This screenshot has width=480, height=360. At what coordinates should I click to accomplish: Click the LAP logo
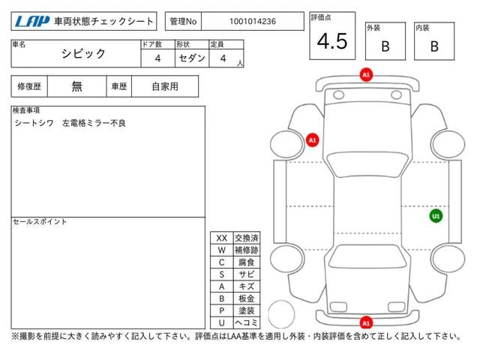(32, 22)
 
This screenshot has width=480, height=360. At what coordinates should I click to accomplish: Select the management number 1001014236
(253, 22)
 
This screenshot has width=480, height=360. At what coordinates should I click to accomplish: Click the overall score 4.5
(332, 41)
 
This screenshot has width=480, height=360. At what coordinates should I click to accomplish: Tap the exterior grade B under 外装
(385, 46)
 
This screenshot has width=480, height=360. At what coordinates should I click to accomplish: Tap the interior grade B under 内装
(434, 46)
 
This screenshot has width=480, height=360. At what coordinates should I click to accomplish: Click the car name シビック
(83, 53)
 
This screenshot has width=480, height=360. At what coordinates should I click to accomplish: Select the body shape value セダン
(192, 58)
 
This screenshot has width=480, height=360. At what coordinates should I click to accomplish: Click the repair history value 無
(76, 86)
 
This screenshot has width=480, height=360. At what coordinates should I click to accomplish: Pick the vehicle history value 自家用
(165, 87)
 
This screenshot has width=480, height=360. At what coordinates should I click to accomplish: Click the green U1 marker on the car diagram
(436, 216)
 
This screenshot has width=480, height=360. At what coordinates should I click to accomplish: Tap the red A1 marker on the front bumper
(366, 75)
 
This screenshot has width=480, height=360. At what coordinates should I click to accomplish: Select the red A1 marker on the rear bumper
(366, 322)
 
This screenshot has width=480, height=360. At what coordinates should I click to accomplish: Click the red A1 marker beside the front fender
(312, 140)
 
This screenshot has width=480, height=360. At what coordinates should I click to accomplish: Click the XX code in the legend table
(222, 238)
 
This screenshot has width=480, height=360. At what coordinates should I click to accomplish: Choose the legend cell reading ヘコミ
(247, 322)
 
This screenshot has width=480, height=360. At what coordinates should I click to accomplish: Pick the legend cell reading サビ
(247, 274)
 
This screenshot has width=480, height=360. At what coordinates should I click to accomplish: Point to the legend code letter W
(222, 250)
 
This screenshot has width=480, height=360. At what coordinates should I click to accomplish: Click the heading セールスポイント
(40, 222)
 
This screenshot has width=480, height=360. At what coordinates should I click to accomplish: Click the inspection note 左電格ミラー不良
(94, 123)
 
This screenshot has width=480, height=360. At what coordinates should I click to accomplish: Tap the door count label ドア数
(151, 44)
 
